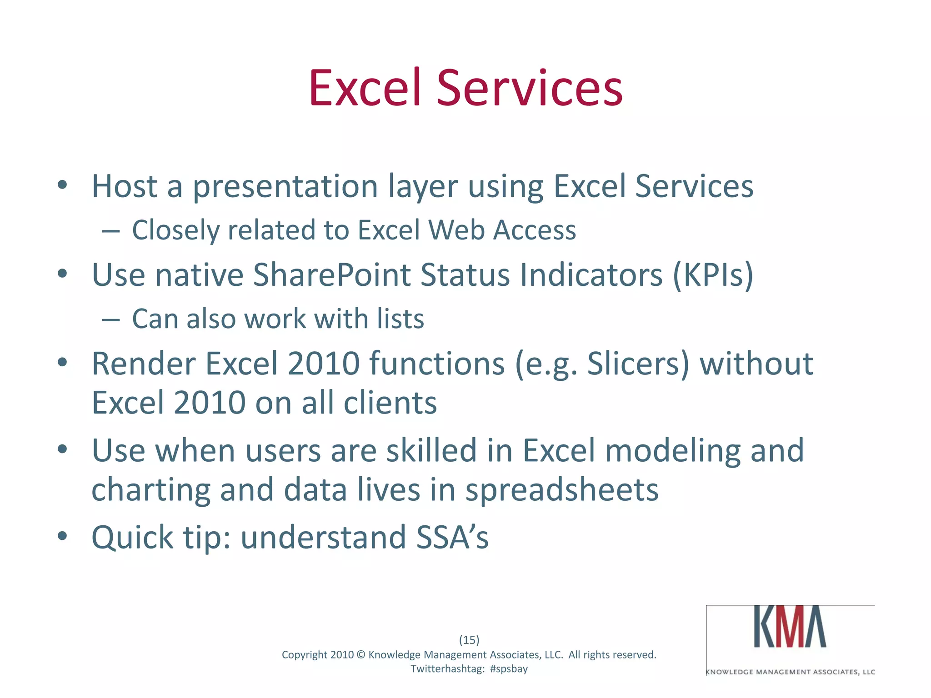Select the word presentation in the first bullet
tap(285, 187)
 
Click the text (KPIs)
tap(712, 275)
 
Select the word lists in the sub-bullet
tap(400, 318)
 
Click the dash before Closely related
tap(111, 231)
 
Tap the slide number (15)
tap(469, 640)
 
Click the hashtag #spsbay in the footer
tap(509, 669)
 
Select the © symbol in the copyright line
tap(361, 655)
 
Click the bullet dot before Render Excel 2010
tap(63, 363)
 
